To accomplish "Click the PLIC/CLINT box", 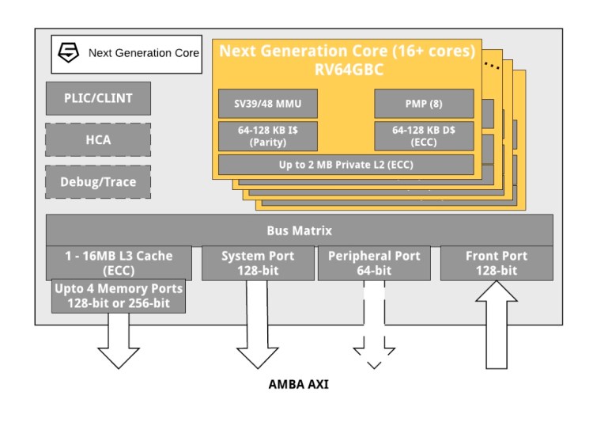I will tap(98, 99).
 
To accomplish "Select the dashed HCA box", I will tap(98, 140).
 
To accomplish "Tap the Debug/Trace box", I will tap(98, 181).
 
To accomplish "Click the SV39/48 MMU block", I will tap(266, 103).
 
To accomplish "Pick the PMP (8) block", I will tap(424, 103).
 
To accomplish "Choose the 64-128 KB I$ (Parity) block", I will tap(266, 135).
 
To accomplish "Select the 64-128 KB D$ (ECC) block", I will tap(424, 135).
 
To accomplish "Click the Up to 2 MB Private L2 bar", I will tap(346, 165).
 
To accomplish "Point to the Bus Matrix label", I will tap(299, 230).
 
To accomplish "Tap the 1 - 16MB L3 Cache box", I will tap(119, 261).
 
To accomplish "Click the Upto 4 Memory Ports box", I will tap(119, 295).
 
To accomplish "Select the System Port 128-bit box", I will tap(258, 263).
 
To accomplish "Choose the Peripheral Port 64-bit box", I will tap(374, 263).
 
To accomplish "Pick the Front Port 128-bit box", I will tap(496, 263).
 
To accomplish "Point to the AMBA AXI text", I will tap(298, 385).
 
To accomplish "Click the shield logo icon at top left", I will tap(70, 53).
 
